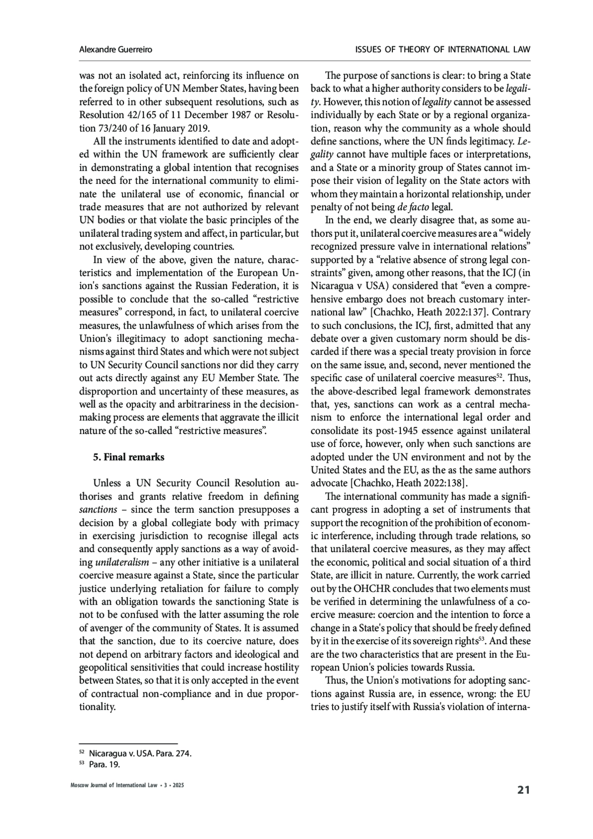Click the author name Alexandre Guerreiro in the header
click(116, 49)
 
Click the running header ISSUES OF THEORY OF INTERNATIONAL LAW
click(443, 49)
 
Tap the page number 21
click(523, 790)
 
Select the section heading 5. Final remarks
click(129, 457)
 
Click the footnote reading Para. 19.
click(105, 764)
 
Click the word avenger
click(101, 628)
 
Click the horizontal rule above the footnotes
click(128, 743)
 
